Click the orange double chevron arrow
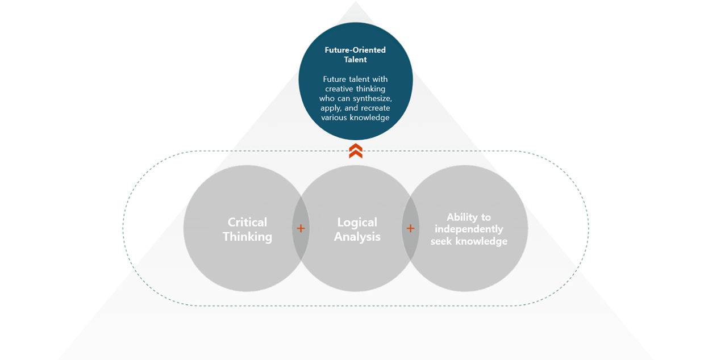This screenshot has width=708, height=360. click(356, 150)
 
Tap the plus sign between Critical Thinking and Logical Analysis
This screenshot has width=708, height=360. click(301, 228)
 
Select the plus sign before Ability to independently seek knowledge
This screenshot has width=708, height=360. click(410, 228)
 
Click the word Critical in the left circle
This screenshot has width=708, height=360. click(247, 222)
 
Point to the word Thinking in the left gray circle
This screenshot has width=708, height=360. click(248, 237)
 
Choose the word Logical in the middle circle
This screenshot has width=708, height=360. click(357, 223)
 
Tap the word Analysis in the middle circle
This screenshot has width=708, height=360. click(357, 237)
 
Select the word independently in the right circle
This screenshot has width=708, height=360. click(469, 229)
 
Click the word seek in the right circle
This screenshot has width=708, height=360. click(442, 241)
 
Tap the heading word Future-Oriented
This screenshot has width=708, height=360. click(355, 50)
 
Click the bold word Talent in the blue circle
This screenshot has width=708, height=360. click(355, 60)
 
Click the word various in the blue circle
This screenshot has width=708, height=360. click(333, 118)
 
